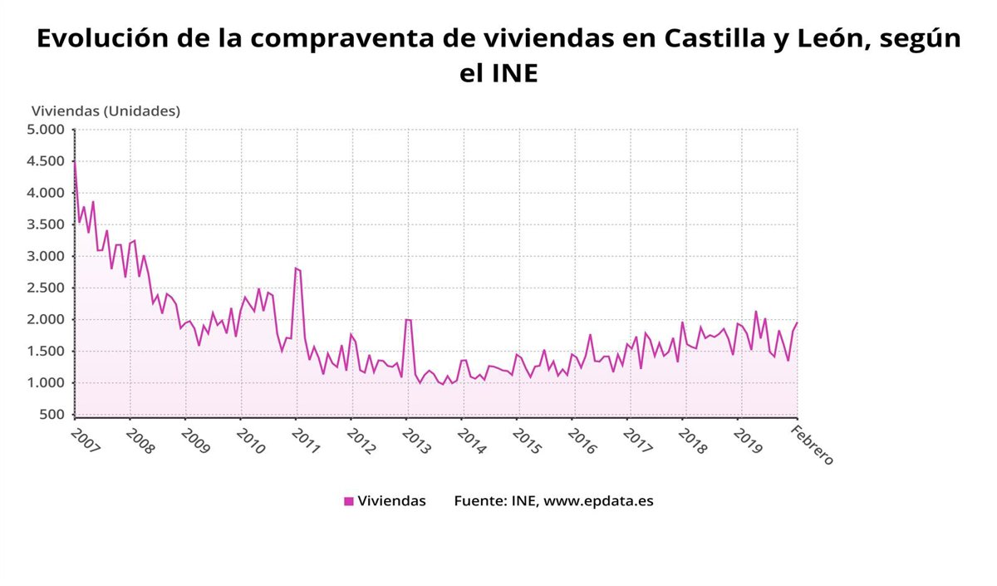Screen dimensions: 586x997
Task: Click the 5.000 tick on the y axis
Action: point(47,130)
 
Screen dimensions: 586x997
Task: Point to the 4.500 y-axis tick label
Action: point(47,161)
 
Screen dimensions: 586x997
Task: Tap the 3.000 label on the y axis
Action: point(47,256)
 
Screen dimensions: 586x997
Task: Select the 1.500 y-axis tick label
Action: point(47,351)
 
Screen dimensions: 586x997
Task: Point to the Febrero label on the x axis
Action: point(811,444)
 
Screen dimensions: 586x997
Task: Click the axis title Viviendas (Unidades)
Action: point(106,111)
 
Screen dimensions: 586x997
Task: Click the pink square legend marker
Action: point(349,501)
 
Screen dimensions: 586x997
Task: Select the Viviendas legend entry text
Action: point(391,501)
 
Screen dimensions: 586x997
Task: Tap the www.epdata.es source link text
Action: point(598,501)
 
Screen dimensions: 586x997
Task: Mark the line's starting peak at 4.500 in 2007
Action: point(75,161)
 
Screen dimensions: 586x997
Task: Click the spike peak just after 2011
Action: point(296,268)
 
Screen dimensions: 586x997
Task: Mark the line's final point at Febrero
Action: point(797,323)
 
